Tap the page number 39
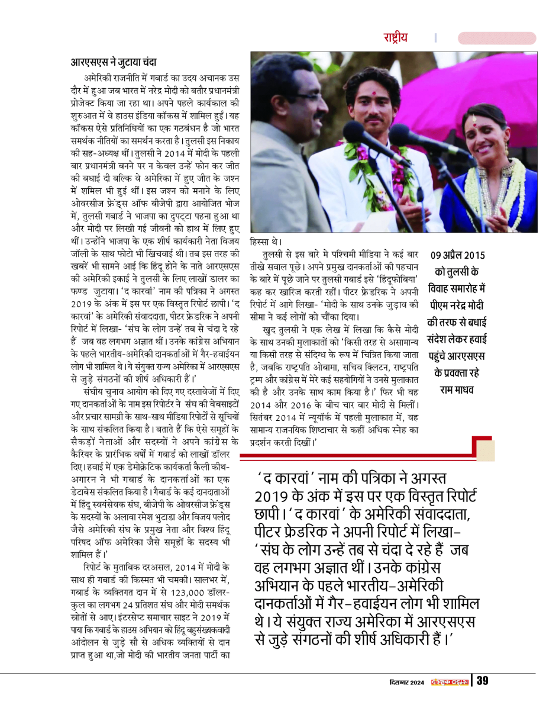coord(483,681)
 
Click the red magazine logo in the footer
coord(449,681)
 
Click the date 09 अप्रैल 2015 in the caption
coord(458,257)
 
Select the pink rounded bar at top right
coord(497,38)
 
